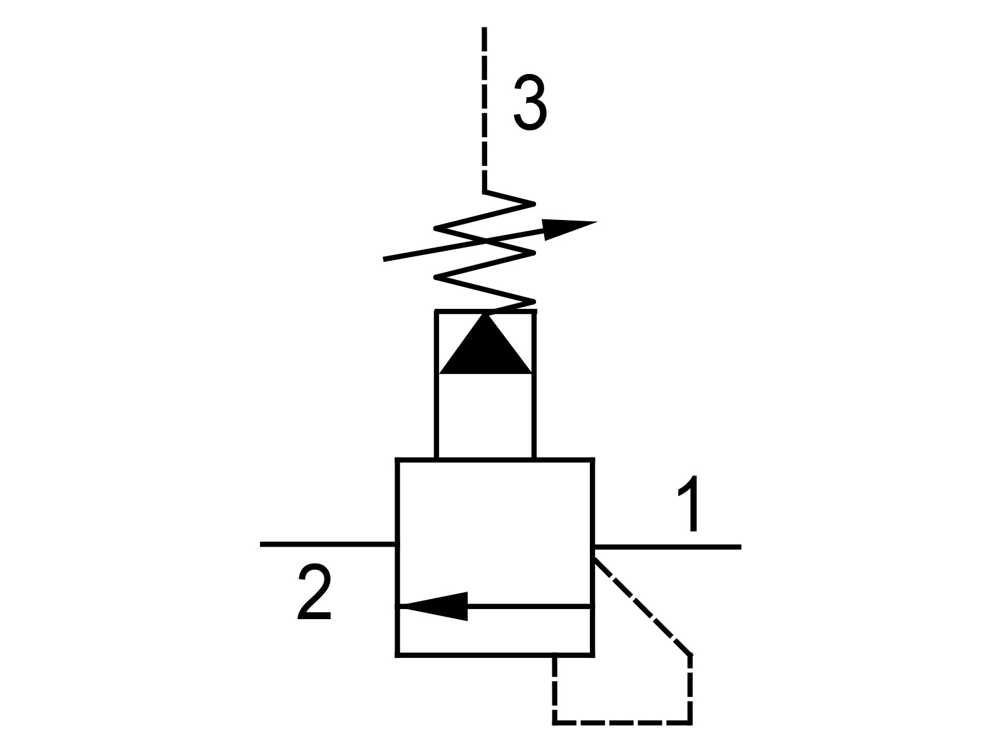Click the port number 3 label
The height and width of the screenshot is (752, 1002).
pyautogui.click(x=530, y=103)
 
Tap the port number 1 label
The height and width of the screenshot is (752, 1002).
pyautogui.click(x=690, y=503)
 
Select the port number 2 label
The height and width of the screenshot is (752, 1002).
pyautogui.click(x=314, y=592)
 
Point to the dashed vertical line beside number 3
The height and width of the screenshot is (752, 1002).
pyautogui.click(x=484, y=108)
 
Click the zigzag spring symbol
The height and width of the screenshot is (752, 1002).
pyautogui.click(x=484, y=252)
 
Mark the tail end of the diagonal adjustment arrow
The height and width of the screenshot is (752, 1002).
pyautogui.click(x=383, y=260)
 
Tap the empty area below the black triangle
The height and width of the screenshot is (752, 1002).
pyautogui.click(x=485, y=415)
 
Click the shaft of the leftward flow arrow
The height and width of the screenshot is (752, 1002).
pyautogui.click(x=530, y=607)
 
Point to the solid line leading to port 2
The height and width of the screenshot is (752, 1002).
pyautogui.click(x=328, y=544)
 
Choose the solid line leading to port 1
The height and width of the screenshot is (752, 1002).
pyautogui.click(x=668, y=546)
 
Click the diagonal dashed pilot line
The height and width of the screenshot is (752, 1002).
pyautogui.click(x=643, y=607)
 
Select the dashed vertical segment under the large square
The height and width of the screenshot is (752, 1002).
pyautogui.click(x=555, y=689)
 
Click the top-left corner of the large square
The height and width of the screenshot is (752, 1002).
pyautogui.click(x=398, y=460)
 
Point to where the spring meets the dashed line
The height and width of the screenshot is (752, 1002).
pyautogui.click(x=484, y=191)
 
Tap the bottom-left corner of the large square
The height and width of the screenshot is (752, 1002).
pyautogui.click(x=398, y=655)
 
